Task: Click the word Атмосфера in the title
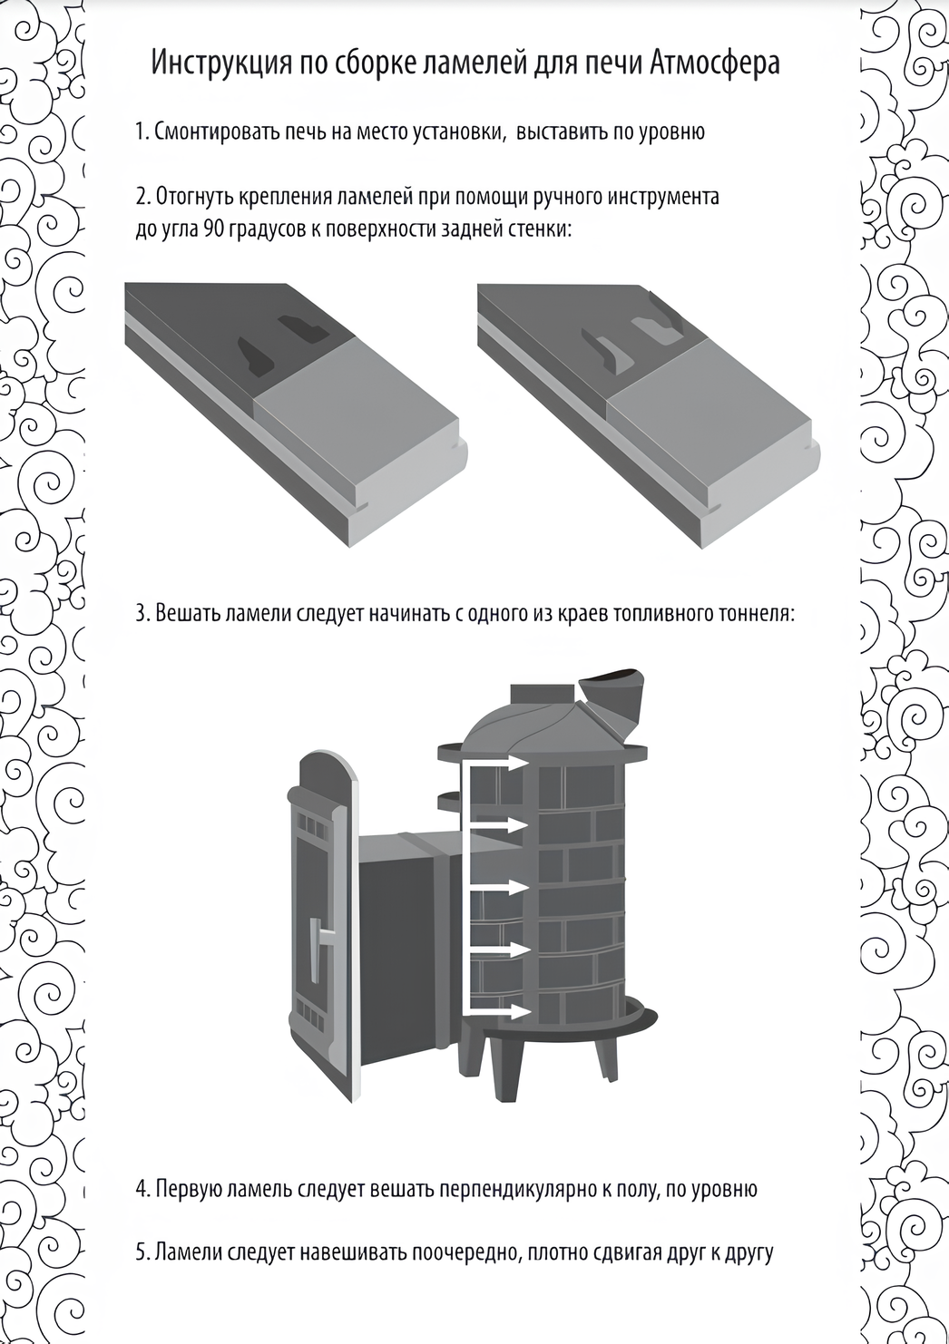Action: coord(715,63)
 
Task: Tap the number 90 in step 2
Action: coord(213,229)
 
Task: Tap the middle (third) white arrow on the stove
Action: coord(495,887)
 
